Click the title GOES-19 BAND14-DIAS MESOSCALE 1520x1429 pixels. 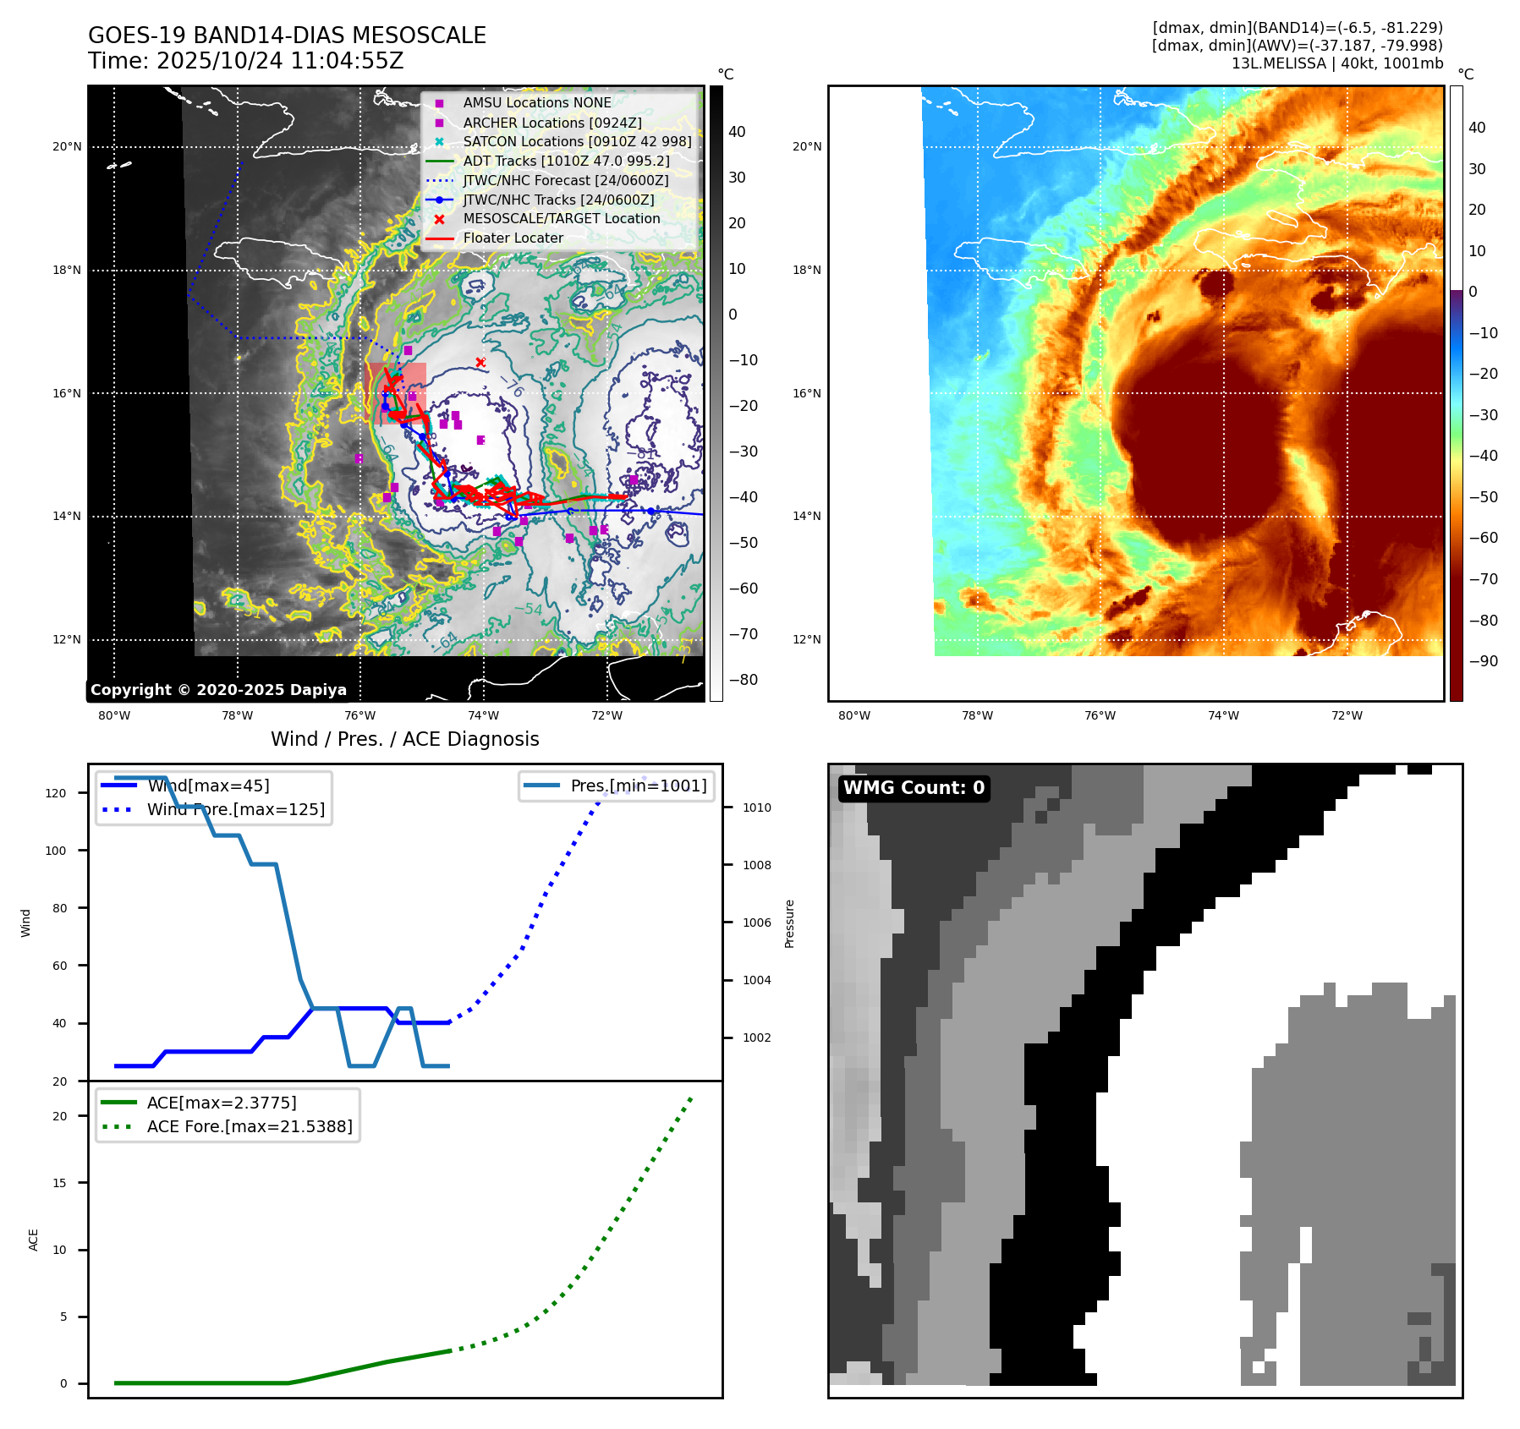(287, 36)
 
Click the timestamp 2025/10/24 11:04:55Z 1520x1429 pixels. (280, 62)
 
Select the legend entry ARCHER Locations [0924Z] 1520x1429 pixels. (551, 123)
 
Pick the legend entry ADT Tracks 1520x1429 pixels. (566, 161)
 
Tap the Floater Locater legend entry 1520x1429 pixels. (513, 238)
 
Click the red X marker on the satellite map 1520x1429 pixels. (480, 363)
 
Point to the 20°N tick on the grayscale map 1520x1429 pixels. (67, 147)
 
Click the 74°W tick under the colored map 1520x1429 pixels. (1223, 716)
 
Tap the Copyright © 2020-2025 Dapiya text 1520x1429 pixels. (218, 690)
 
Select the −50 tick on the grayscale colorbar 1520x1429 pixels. (743, 543)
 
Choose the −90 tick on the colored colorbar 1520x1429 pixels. (1483, 661)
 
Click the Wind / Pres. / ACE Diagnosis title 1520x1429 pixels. (404, 739)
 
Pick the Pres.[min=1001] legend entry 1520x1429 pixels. (638, 786)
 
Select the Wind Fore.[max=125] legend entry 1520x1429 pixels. (235, 809)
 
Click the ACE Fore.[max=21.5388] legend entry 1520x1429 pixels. (249, 1126)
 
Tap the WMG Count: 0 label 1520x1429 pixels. (914, 788)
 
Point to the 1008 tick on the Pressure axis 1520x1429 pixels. (756, 865)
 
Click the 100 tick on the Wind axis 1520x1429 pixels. (56, 851)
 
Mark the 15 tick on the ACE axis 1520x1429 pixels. (59, 1183)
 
